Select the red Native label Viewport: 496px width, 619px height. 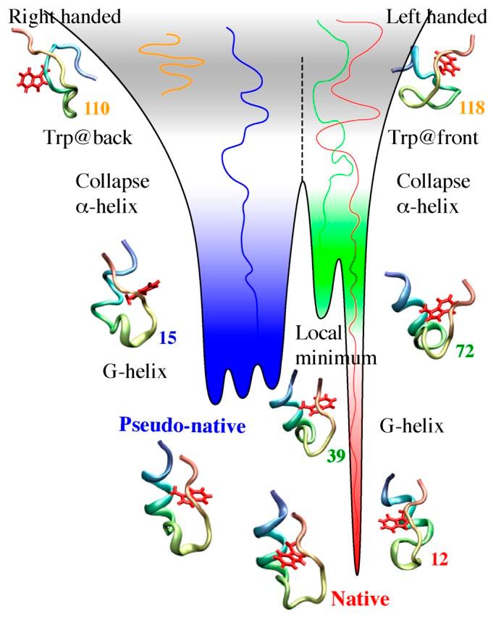pyautogui.click(x=360, y=598)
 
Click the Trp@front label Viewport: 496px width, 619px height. pyautogui.click(x=433, y=138)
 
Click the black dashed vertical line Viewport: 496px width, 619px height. pyautogui.click(x=303, y=116)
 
